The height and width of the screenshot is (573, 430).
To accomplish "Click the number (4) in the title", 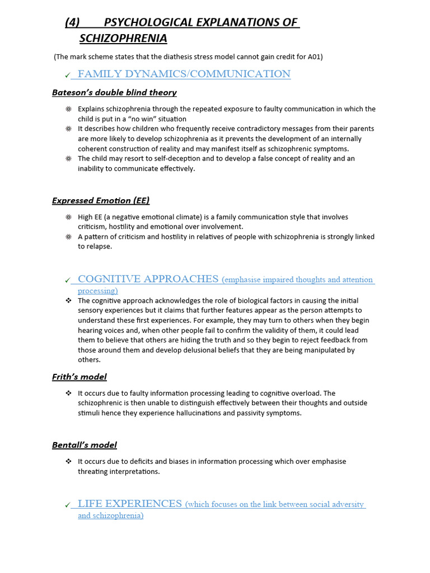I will [x=73, y=22].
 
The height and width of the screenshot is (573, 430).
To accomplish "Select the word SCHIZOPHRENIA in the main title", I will [x=123, y=38].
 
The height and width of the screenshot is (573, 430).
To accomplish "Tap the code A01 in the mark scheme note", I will [x=316, y=57].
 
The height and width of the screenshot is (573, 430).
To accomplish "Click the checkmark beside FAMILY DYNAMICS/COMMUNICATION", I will [x=67, y=75].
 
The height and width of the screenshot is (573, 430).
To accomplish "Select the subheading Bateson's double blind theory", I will [x=114, y=92].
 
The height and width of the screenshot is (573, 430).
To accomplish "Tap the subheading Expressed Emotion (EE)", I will [x=101, y=200].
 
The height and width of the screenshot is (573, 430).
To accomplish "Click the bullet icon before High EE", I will [x=68, y=217].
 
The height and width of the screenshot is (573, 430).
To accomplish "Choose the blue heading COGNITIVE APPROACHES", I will [x=148, y=279].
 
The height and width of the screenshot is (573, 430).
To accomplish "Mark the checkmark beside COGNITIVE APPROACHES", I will [x=67, y=280].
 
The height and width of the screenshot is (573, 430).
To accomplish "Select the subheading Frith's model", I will [x=80, y=377].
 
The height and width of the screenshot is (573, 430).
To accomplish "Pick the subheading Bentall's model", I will [x=85, y=445].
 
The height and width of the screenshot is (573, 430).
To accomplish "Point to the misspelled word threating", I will [x=94, y=472].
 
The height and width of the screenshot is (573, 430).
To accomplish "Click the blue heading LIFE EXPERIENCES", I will [x=130, y=504].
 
